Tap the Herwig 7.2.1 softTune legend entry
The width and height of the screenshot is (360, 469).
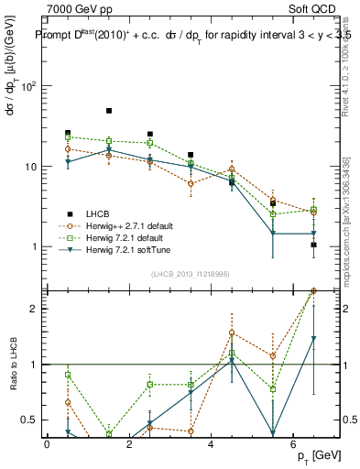click(x=125, y=249)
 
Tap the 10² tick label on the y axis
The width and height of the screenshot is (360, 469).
click(x=27, y=87)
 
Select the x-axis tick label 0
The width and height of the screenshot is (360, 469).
click(x=47, y=444)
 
